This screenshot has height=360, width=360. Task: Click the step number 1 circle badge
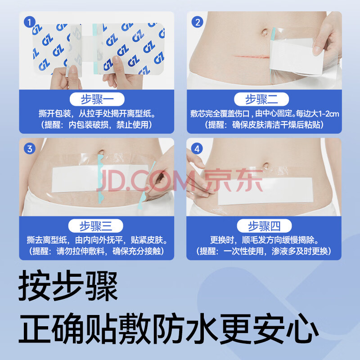29,22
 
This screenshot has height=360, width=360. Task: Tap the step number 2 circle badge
198,22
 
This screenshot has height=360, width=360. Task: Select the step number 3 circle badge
30,148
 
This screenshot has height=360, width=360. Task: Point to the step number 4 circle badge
197,149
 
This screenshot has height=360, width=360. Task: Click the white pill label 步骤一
97,99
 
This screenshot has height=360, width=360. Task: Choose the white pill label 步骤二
261,99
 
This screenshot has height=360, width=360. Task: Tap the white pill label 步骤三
96,226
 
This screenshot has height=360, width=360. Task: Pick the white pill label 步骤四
264,226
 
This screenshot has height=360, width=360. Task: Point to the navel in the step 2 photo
264,32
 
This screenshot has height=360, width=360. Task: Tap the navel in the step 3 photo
101,152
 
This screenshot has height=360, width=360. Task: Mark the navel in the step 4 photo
265,165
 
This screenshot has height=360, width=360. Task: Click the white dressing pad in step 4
265,191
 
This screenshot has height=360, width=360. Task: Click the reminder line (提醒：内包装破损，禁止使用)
97,125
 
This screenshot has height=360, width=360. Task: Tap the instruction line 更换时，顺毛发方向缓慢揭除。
264,240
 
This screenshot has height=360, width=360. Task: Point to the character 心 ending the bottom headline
302,328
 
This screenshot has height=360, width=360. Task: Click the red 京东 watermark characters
234,181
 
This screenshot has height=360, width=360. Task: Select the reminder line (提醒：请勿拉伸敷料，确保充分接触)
97,251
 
